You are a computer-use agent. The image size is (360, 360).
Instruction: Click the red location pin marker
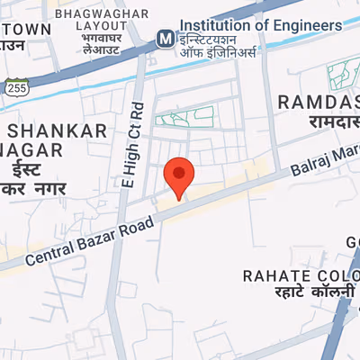178,175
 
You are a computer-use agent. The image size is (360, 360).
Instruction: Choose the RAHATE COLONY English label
301,274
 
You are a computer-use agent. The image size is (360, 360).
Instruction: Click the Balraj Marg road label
325,159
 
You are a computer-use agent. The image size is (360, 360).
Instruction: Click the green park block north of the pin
185,116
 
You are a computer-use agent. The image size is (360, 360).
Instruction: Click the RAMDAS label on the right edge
319,102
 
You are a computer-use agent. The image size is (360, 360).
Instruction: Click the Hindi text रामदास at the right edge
321,122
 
